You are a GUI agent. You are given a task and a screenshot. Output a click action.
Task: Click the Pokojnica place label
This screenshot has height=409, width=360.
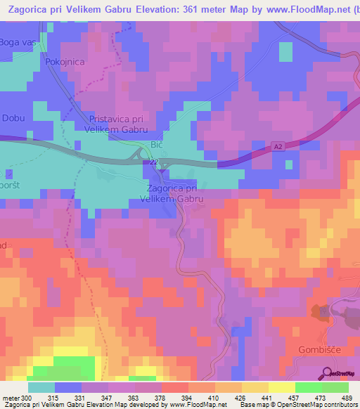(x=64, y=62)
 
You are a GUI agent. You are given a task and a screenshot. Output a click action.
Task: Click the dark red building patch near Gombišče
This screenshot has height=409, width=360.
(x=321, y=310)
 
